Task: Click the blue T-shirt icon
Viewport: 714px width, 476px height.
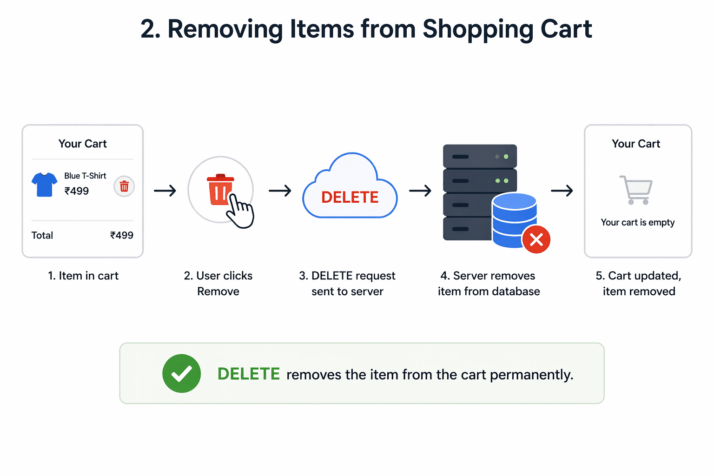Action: point(44,185)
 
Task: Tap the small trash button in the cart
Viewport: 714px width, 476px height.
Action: point(124,186)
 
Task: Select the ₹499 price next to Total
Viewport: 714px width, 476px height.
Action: point(122,235)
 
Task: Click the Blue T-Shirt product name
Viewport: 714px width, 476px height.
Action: point(85,176)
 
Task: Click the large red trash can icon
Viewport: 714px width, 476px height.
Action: point(220,189)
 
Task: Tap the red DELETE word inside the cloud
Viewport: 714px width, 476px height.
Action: point(350,198)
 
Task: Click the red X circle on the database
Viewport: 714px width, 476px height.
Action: point(536,239)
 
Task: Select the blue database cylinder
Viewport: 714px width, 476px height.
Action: point(514,220)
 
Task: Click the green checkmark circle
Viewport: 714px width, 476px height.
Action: point(181,373)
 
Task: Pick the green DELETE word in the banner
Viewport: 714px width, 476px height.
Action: point(249,374)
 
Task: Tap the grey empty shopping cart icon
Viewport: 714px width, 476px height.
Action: point(636,190)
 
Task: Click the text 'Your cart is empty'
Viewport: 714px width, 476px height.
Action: point(638,222)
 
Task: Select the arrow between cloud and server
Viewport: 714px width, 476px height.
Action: point(420,191)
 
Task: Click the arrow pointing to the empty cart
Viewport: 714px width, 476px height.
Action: point(562,191)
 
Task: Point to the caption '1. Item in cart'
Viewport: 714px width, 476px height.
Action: point(83,276)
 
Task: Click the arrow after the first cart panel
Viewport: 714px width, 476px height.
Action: point(165,191)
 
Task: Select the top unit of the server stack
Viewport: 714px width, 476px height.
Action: point(480,156)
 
